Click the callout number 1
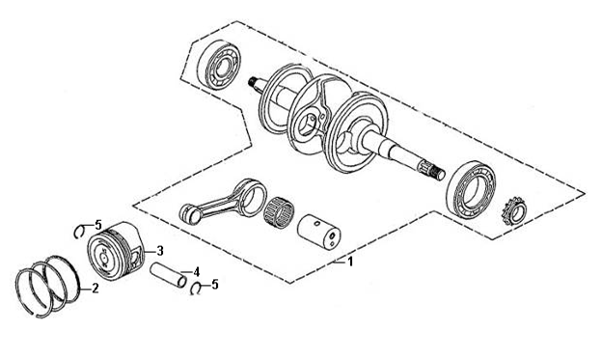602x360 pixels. (350, 262)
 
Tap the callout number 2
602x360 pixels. (95, 289)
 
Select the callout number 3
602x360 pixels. (160, 251)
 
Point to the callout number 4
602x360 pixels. (196, 272)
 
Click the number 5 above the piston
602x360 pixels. (98, 224)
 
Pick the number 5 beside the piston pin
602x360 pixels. (214, 285)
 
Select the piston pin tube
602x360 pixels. (168, 275)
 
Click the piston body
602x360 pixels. (115, 251)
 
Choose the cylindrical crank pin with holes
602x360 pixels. (319, 232)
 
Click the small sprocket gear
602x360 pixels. (514, 211)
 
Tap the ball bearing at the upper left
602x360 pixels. (219, 65)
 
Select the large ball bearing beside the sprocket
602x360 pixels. (471, 188)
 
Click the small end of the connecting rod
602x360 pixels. (190, 213)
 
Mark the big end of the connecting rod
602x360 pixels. (252, 198)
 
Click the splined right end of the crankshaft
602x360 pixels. (434, 171)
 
